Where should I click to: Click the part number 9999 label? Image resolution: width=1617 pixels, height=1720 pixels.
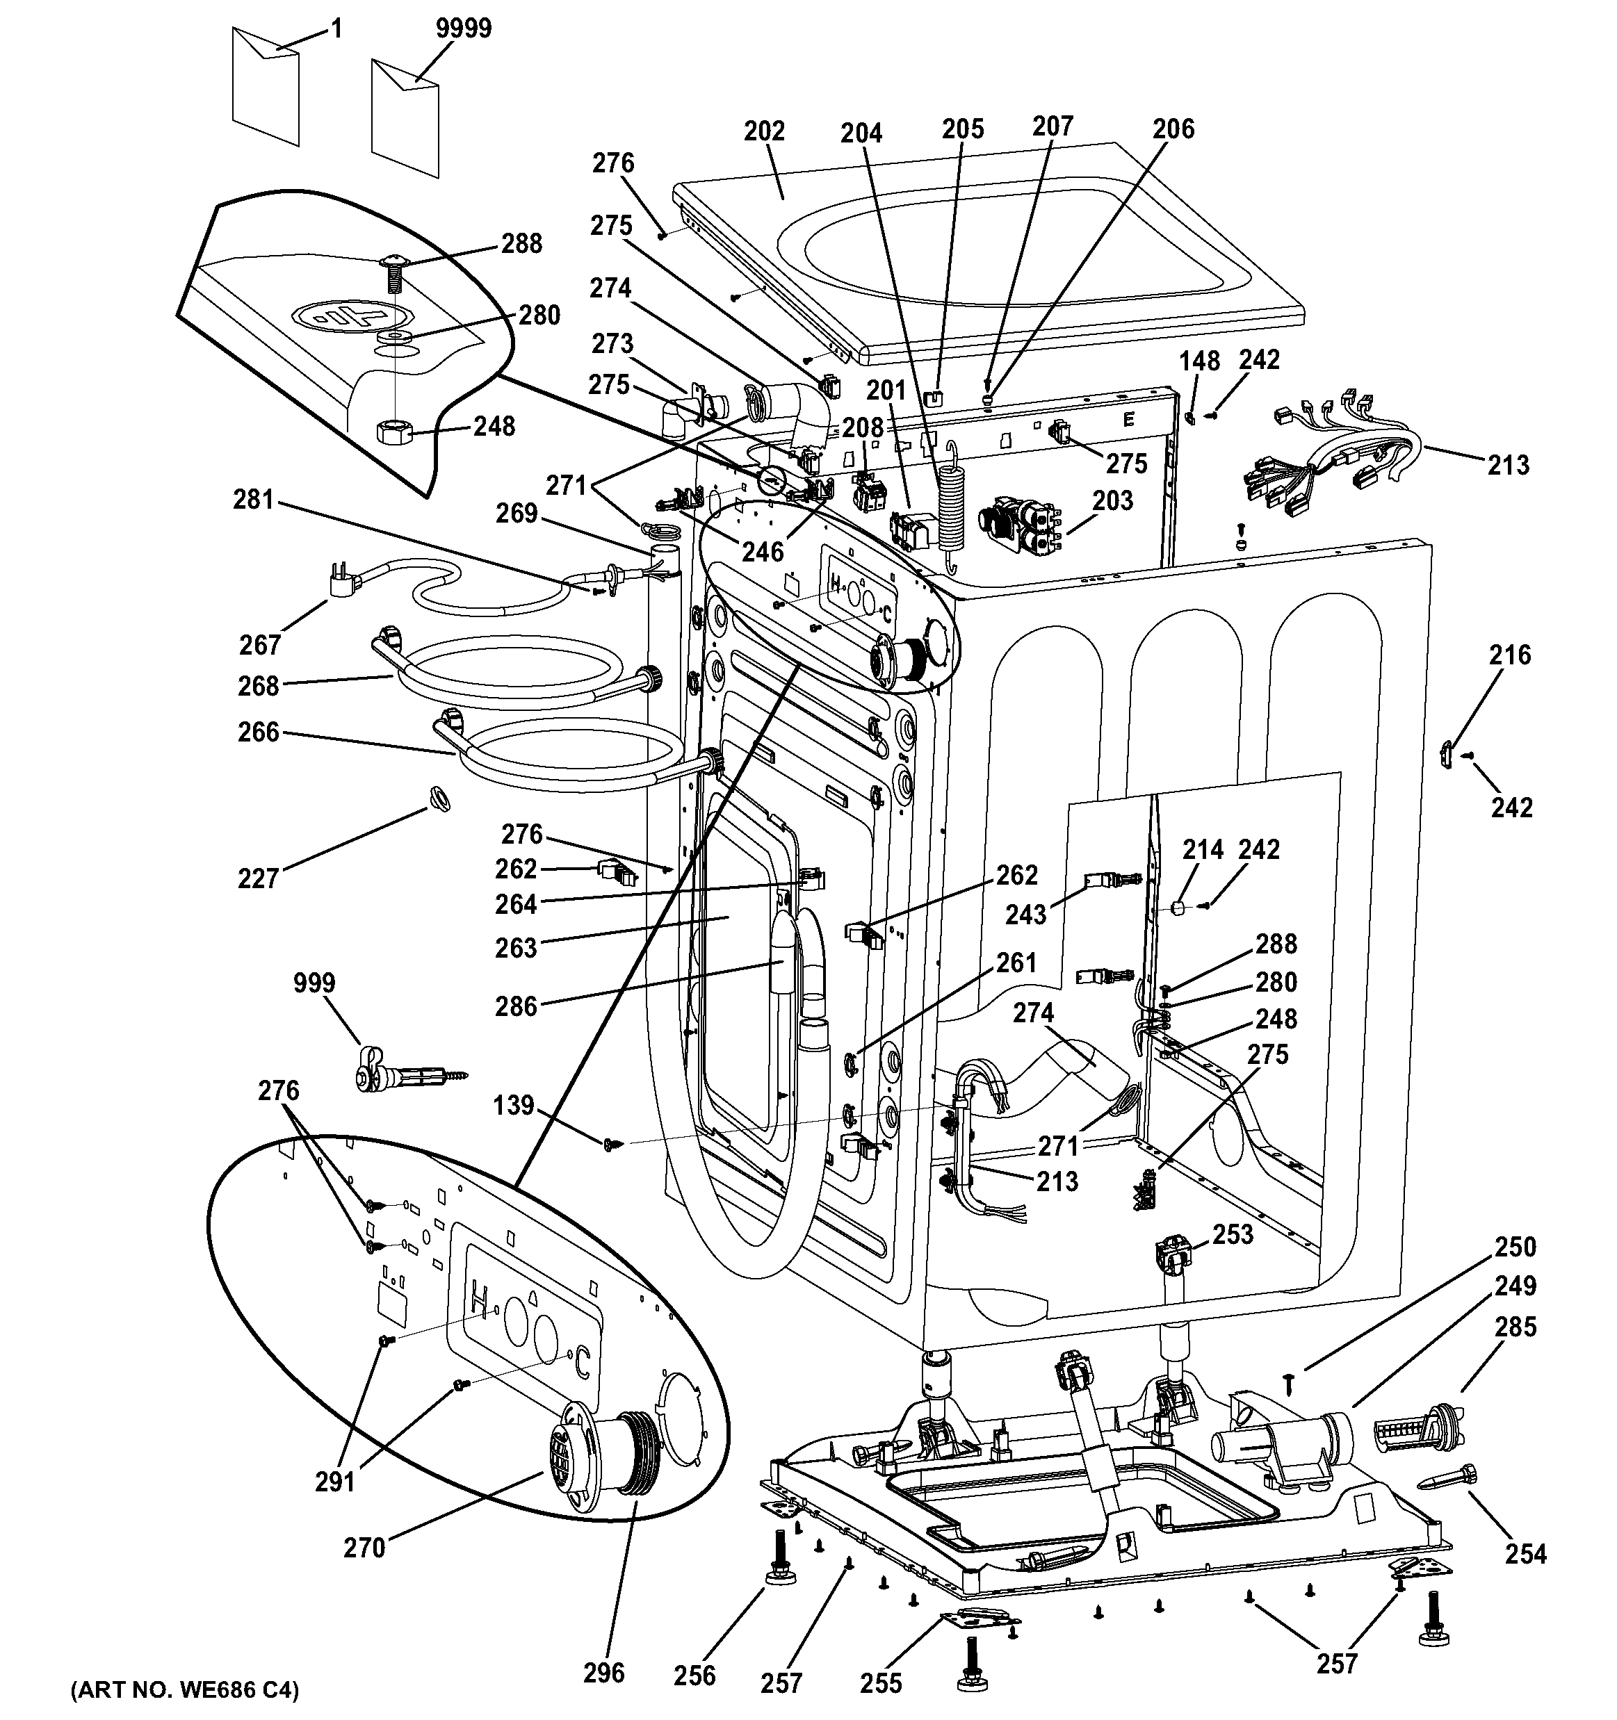pos(463,28)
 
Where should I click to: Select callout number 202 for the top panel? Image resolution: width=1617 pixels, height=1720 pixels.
pos(763,131)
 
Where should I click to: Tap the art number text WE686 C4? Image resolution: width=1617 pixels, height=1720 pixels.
pos(185,1689)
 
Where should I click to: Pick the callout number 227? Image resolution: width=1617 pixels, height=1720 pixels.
pos(257,878)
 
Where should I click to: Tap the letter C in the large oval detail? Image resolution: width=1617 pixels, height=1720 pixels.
pos(583,1364)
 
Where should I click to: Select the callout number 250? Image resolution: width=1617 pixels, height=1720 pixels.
pos(1514,1247)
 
